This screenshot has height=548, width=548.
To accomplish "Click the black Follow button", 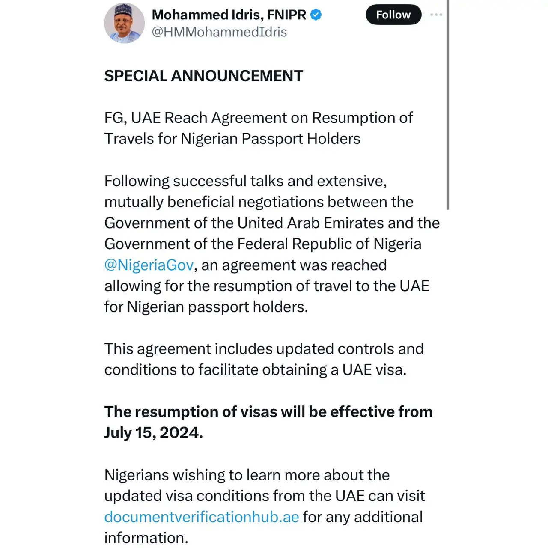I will point(393,15).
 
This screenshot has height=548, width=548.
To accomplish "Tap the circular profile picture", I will point(124,23).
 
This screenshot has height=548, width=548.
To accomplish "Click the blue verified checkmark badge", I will point(316,15).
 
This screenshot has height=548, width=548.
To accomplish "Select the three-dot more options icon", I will point(436,15).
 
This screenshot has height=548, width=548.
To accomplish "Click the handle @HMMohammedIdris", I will point(219,32).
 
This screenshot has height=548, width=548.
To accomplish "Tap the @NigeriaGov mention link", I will point(149,265).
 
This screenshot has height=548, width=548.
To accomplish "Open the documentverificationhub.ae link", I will point(202,517).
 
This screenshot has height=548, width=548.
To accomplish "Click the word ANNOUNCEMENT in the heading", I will point(237,76).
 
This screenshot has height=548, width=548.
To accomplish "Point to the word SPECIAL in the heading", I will point(136,76).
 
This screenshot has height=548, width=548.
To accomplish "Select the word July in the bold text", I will point(118,433).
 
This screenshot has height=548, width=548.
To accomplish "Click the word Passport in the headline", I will point(272,139).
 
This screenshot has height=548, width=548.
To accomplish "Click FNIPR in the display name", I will point(286,15).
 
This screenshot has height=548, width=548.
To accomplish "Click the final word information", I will point(146,538).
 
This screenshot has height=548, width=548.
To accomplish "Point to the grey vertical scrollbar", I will point(448,105).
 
